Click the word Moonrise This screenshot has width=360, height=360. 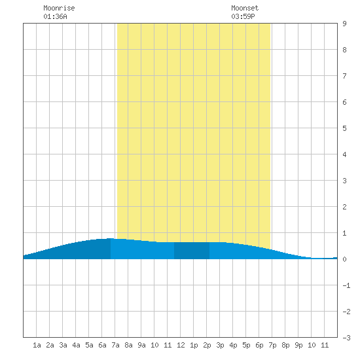(59, 8)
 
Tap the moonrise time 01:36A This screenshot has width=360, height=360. (55, 16)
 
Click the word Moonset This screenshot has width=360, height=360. (245, 8)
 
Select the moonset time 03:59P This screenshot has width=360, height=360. (243, 16)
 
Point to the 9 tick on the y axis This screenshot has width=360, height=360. (344, 24)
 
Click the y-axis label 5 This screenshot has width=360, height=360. (344, 128)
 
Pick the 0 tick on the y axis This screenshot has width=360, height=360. (344, 259)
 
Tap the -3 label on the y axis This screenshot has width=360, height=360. (346, 338)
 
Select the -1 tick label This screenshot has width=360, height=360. (346, 285)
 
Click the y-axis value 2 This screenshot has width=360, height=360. (344, 207)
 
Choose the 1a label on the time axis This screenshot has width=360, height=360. (37, 345)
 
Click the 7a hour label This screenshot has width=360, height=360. (115, 345)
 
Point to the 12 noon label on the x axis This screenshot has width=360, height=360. (181, 345)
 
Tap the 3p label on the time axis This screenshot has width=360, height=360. (220, 345)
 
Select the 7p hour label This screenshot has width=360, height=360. (272, 345)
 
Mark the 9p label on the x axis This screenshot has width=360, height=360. (298, 345)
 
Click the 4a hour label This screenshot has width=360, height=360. (76, 345)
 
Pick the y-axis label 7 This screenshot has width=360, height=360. (344, 76)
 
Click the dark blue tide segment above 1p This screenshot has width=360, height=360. (192, 251)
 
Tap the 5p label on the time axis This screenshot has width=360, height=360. (246, 345)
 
